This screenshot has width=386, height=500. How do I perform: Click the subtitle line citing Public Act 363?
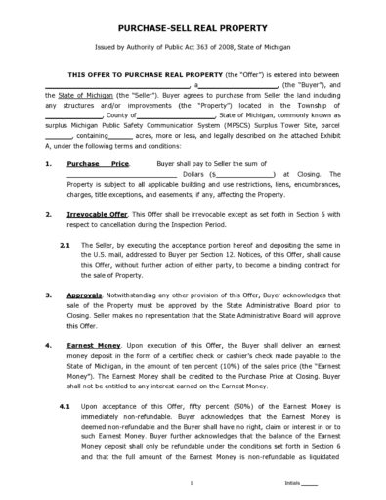[x=193, y=49]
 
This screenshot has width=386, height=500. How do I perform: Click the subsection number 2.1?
[x=64, y=244]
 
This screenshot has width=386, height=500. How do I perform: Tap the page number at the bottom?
[x=193, y=482]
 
